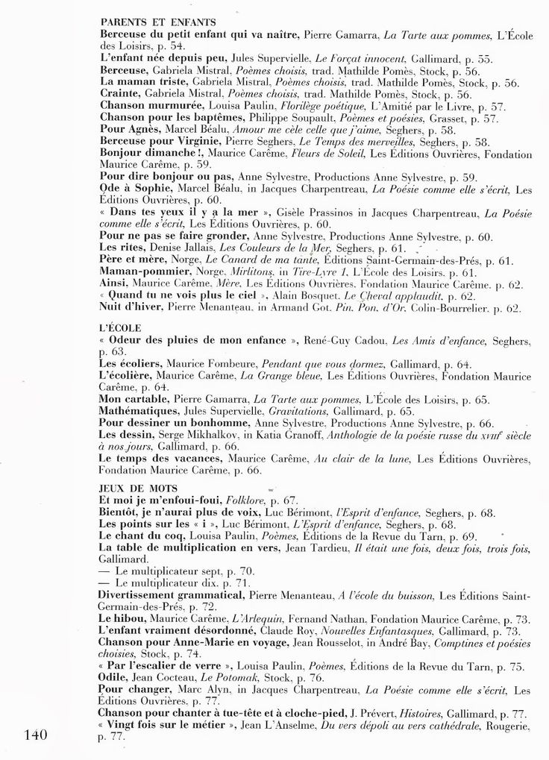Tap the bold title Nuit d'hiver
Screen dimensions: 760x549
pyautogui.click(x=132, y=307)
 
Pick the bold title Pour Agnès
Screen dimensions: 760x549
pyautogui.click(x=129, y=129)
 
